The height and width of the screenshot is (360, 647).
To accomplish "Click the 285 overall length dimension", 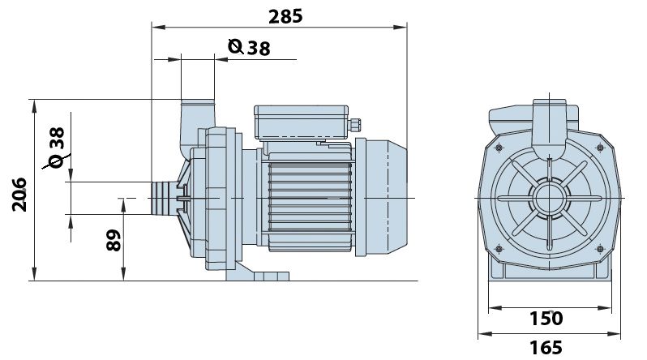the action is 285,17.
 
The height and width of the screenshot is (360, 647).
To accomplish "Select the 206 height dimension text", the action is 19,195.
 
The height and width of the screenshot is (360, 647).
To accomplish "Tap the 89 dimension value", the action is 114,240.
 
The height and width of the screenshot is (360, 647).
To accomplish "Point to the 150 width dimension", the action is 546,319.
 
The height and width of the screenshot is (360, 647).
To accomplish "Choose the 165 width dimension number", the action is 546,348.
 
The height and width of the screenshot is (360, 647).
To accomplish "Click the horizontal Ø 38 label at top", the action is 249,47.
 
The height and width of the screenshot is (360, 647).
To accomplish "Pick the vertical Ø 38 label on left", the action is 56,147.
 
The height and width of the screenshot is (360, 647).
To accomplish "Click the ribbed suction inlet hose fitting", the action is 165,198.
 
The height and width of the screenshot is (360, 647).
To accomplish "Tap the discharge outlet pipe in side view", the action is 197,124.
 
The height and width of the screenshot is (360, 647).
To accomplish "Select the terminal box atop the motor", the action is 302,122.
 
